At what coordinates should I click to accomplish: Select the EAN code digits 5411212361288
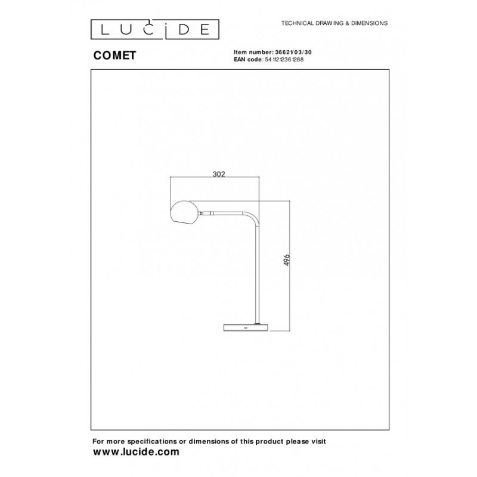(284, 60)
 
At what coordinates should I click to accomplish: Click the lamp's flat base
(245, 328)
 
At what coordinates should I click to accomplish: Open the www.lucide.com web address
(135, 453)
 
